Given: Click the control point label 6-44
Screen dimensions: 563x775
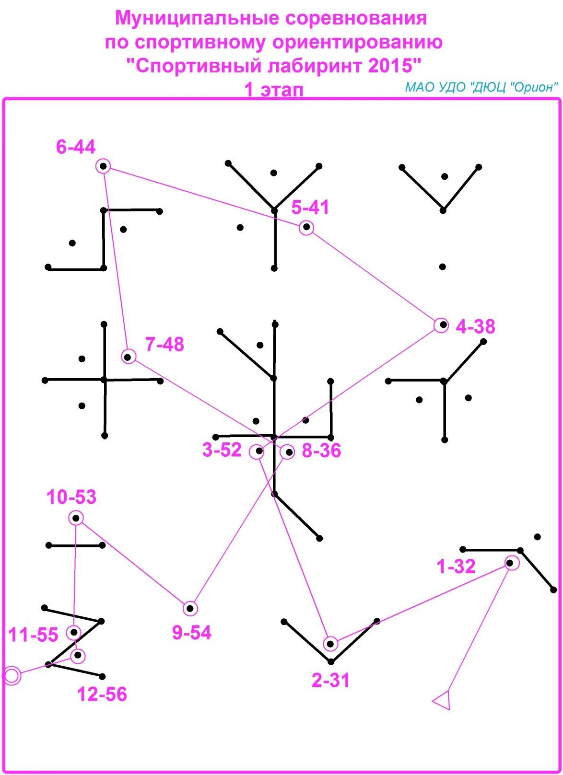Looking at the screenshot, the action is (x=76, y=147).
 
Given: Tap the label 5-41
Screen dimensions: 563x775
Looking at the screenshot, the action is (x=310, y=208).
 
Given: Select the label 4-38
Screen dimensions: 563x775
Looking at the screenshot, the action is (x=475, y=327).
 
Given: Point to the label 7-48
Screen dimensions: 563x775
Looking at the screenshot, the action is (x=164, y=345).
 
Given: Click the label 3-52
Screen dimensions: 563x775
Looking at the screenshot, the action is (x=222, y=451).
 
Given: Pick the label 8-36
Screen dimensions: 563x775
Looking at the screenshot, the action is (x=321, y=451).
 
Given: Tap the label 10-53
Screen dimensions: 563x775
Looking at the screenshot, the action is (x=71, y=497).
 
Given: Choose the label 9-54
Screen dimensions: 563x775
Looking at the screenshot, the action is (x=192, y=633).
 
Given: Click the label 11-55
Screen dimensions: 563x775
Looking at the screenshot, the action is (x=33, y=635).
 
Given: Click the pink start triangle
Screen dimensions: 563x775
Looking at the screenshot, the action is (x=443, y=701).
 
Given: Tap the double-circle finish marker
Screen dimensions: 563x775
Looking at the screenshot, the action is (x=12, y=676).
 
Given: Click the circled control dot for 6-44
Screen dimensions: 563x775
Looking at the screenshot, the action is (x=103, y=166).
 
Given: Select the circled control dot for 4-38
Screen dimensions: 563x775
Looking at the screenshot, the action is (x=442, y=325).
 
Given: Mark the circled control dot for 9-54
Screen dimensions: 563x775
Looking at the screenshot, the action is (x=190, y=609).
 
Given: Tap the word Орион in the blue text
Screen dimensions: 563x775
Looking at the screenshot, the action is (x=535, y=87).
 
